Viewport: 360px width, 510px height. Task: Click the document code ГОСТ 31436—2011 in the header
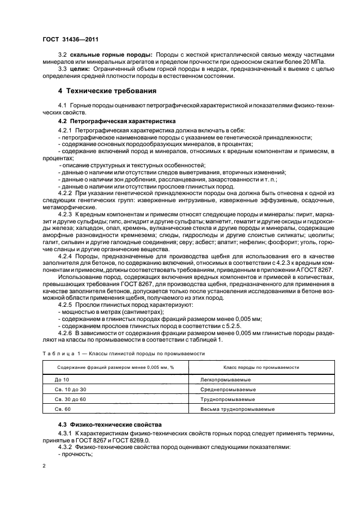(68, 39)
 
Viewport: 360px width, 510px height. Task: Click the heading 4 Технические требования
(107, 90)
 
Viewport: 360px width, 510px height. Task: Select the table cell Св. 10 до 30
(70, 389)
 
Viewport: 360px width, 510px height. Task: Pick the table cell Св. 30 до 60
(70, 399)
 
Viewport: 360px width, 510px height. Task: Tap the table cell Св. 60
(63, 409)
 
